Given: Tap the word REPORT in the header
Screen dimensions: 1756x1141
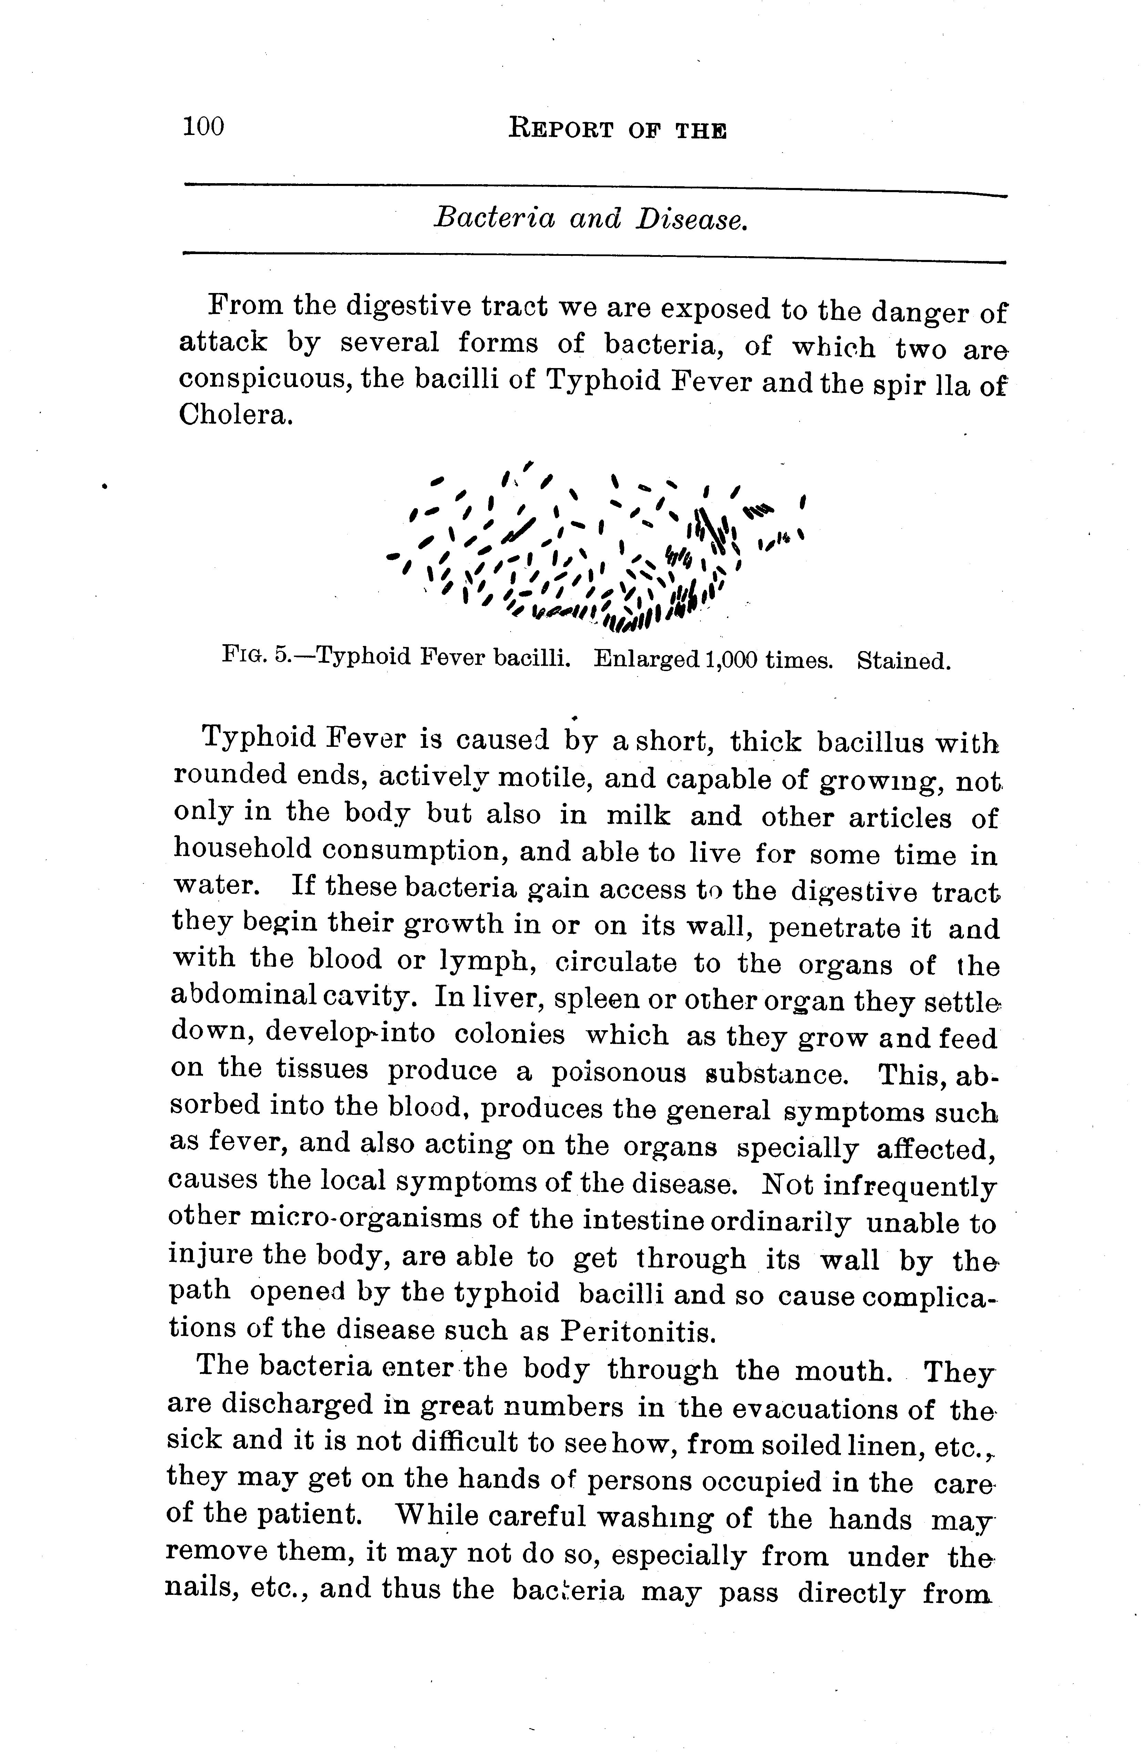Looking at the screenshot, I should pos(561,130).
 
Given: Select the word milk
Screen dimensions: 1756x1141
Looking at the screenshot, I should pos(638,815).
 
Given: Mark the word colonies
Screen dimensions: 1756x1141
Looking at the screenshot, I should pos(509,1034).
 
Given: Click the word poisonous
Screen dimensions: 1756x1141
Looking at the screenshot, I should pos(622,1072).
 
